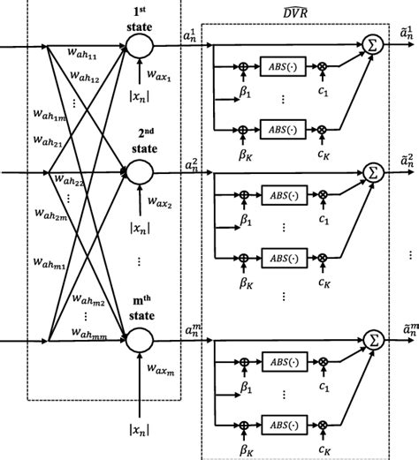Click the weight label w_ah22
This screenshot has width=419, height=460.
(69, 182)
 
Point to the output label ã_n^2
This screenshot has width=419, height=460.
(404, 163)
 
